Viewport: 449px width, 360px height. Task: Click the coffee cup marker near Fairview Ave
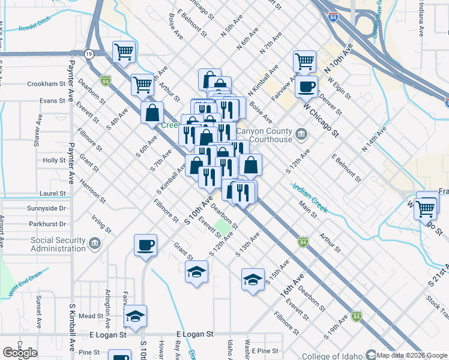pos(306,86)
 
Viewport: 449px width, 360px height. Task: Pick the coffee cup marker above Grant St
pos(145,245)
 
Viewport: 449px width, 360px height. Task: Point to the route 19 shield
pos(88,53)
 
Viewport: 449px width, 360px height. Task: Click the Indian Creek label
pos(310,197)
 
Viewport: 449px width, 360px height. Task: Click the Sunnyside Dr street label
pos(46,208)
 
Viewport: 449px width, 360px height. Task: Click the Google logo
pos(20,352)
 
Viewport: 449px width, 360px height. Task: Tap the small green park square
pos(223,228)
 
